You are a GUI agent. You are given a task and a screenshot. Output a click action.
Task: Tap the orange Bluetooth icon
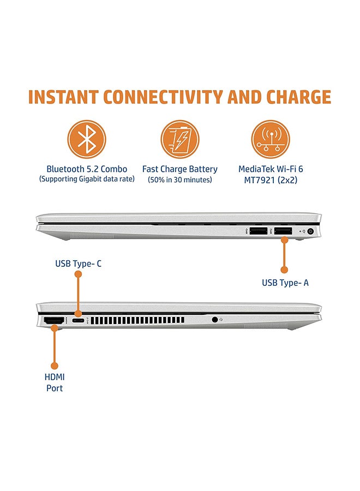click(87, 139)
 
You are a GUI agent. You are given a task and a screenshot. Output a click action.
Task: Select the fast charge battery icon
click(179, 139)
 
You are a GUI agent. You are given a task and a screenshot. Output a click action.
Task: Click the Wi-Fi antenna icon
click(270, 139)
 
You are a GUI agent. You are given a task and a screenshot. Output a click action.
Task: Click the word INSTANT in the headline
click(64, 97)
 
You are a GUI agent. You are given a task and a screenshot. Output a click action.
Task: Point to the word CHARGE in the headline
click(298, 97)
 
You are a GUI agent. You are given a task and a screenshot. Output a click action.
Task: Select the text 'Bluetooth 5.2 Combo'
click(87, 169)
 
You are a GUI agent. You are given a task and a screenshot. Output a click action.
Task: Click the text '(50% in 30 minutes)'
click(179, 179)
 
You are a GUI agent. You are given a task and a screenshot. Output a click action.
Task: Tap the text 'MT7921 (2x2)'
click(271, 179)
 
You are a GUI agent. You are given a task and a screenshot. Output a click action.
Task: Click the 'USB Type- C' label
click(78, 264)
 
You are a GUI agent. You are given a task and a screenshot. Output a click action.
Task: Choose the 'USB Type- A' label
click(285, 283)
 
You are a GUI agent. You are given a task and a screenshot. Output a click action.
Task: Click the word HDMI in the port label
click(54, 377)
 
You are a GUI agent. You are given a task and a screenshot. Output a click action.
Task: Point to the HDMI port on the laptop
click(53, 321)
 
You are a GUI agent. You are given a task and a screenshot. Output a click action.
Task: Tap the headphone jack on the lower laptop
click(214, 320)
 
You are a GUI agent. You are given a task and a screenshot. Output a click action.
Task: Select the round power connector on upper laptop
click(311, 231)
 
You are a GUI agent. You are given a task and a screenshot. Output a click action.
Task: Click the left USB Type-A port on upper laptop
click(257, 231)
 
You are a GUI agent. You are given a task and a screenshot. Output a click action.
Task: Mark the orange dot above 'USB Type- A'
click(284, 269)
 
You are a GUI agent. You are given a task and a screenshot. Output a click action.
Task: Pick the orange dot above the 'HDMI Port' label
click(54, 365)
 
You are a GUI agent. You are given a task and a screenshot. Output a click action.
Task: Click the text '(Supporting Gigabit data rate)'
click(87, 179)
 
